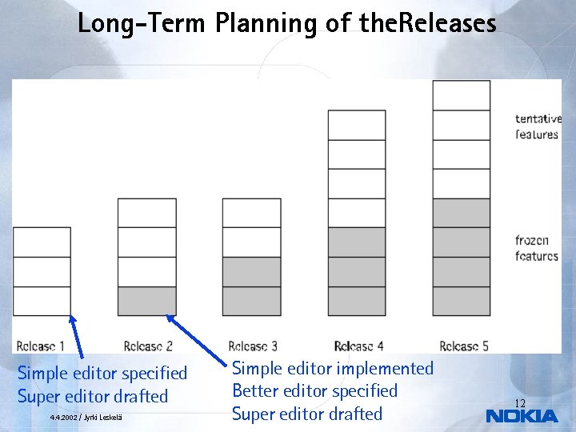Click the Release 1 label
click(41, 346)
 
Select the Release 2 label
click(148, 346)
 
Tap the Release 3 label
click(253, 346)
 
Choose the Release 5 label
click(465, 346)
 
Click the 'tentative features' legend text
click(538, 126)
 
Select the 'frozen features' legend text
click(536, 248)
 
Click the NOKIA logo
click(522, 416)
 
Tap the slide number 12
click(519, 403)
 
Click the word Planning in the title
click(266, 23)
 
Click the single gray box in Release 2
click(147, 301)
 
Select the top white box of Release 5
click(461, 95)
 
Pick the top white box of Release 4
click(357, 125)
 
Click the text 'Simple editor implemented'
click(332, 369)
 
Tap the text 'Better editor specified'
click(314, 391)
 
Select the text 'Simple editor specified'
click(102, 374)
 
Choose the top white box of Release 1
click(42, 242)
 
